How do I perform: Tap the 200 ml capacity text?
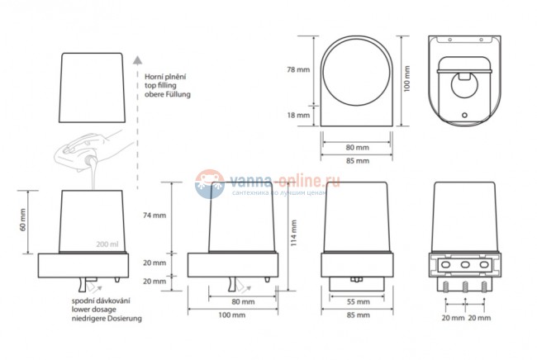(x=107, y=245)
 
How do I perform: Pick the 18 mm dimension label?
(x=298, y=115)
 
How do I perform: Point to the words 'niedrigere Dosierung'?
(x=106, y=319)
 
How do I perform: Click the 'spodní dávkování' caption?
(x=102, y=301)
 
